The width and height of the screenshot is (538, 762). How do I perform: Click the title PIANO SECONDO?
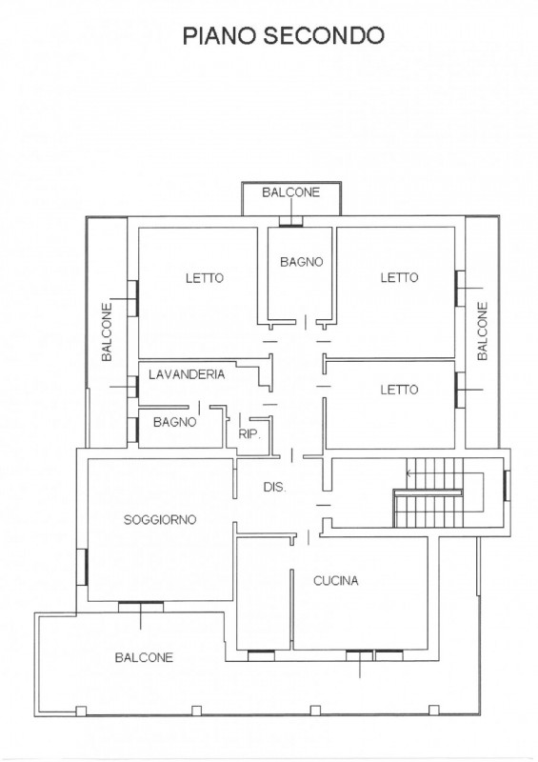pos(284,36)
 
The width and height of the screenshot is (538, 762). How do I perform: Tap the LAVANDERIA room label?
pos(187,374)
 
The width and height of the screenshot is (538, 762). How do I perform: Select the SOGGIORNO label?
pos(160,519)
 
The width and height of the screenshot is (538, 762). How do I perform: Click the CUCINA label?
pos(336,580)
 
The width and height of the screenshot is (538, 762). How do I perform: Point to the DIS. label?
pos(274,487)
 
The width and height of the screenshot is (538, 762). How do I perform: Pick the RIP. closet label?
pos(249,434)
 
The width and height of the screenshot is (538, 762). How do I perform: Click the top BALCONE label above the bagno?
pos(291,192)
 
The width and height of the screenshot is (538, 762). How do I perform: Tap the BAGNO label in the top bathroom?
pos(301,262)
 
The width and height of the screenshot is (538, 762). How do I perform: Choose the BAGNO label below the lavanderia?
pos(175,422)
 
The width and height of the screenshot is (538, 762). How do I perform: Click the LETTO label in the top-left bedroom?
pos(205,278)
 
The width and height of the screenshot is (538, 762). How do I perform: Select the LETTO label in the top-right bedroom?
pos(399,277)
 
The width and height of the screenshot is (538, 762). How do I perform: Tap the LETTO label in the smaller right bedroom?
pos(399,390)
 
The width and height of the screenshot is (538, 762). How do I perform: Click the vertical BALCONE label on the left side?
pos(107,331)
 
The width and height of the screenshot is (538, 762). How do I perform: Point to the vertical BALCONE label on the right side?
pos(482,331)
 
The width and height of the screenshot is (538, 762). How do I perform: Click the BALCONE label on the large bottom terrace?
pos(144,657)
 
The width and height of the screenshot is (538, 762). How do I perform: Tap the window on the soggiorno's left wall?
pos(83,567)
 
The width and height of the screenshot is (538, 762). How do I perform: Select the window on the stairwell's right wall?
pos(506,486)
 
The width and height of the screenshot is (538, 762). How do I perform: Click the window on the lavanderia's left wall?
pos(132,387)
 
